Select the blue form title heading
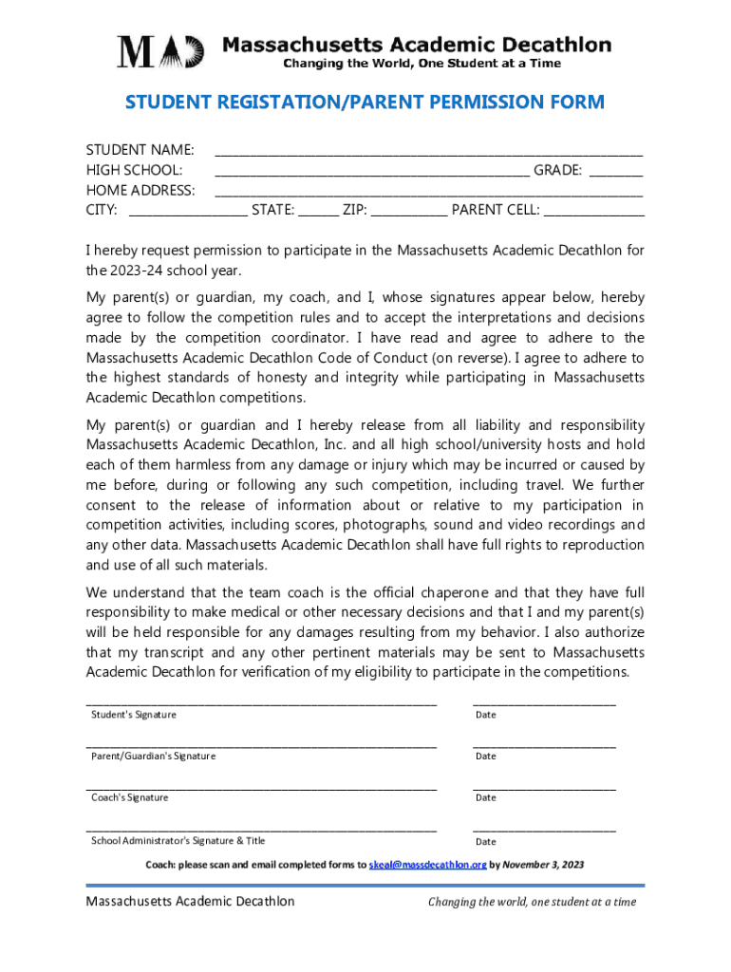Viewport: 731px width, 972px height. point(365,103)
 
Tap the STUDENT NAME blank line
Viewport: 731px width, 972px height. point(429,152)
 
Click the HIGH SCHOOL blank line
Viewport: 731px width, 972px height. point(372,173)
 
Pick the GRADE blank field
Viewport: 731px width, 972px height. point(616,173)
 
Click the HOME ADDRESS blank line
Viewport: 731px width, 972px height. point(429,193)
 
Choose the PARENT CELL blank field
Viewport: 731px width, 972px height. point(593,214)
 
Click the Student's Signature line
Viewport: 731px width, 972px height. point(261,703)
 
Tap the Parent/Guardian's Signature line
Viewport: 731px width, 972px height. point(261,745)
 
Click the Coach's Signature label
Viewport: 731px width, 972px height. point(130,798)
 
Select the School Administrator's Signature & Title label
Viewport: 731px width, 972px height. point(178,841)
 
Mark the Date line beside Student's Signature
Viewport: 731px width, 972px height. point(544,703)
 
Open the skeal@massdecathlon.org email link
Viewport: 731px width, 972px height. point(428,865)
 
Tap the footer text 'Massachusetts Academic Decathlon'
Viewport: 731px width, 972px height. point(190,902)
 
